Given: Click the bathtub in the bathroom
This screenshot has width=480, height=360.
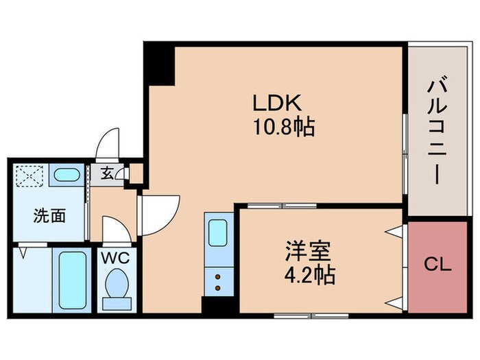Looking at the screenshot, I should (x=70, y=280).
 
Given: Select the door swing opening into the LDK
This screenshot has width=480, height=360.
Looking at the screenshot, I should (x=160, y=213).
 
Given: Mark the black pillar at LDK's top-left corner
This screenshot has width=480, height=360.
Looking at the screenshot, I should (x=158, y=64).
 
